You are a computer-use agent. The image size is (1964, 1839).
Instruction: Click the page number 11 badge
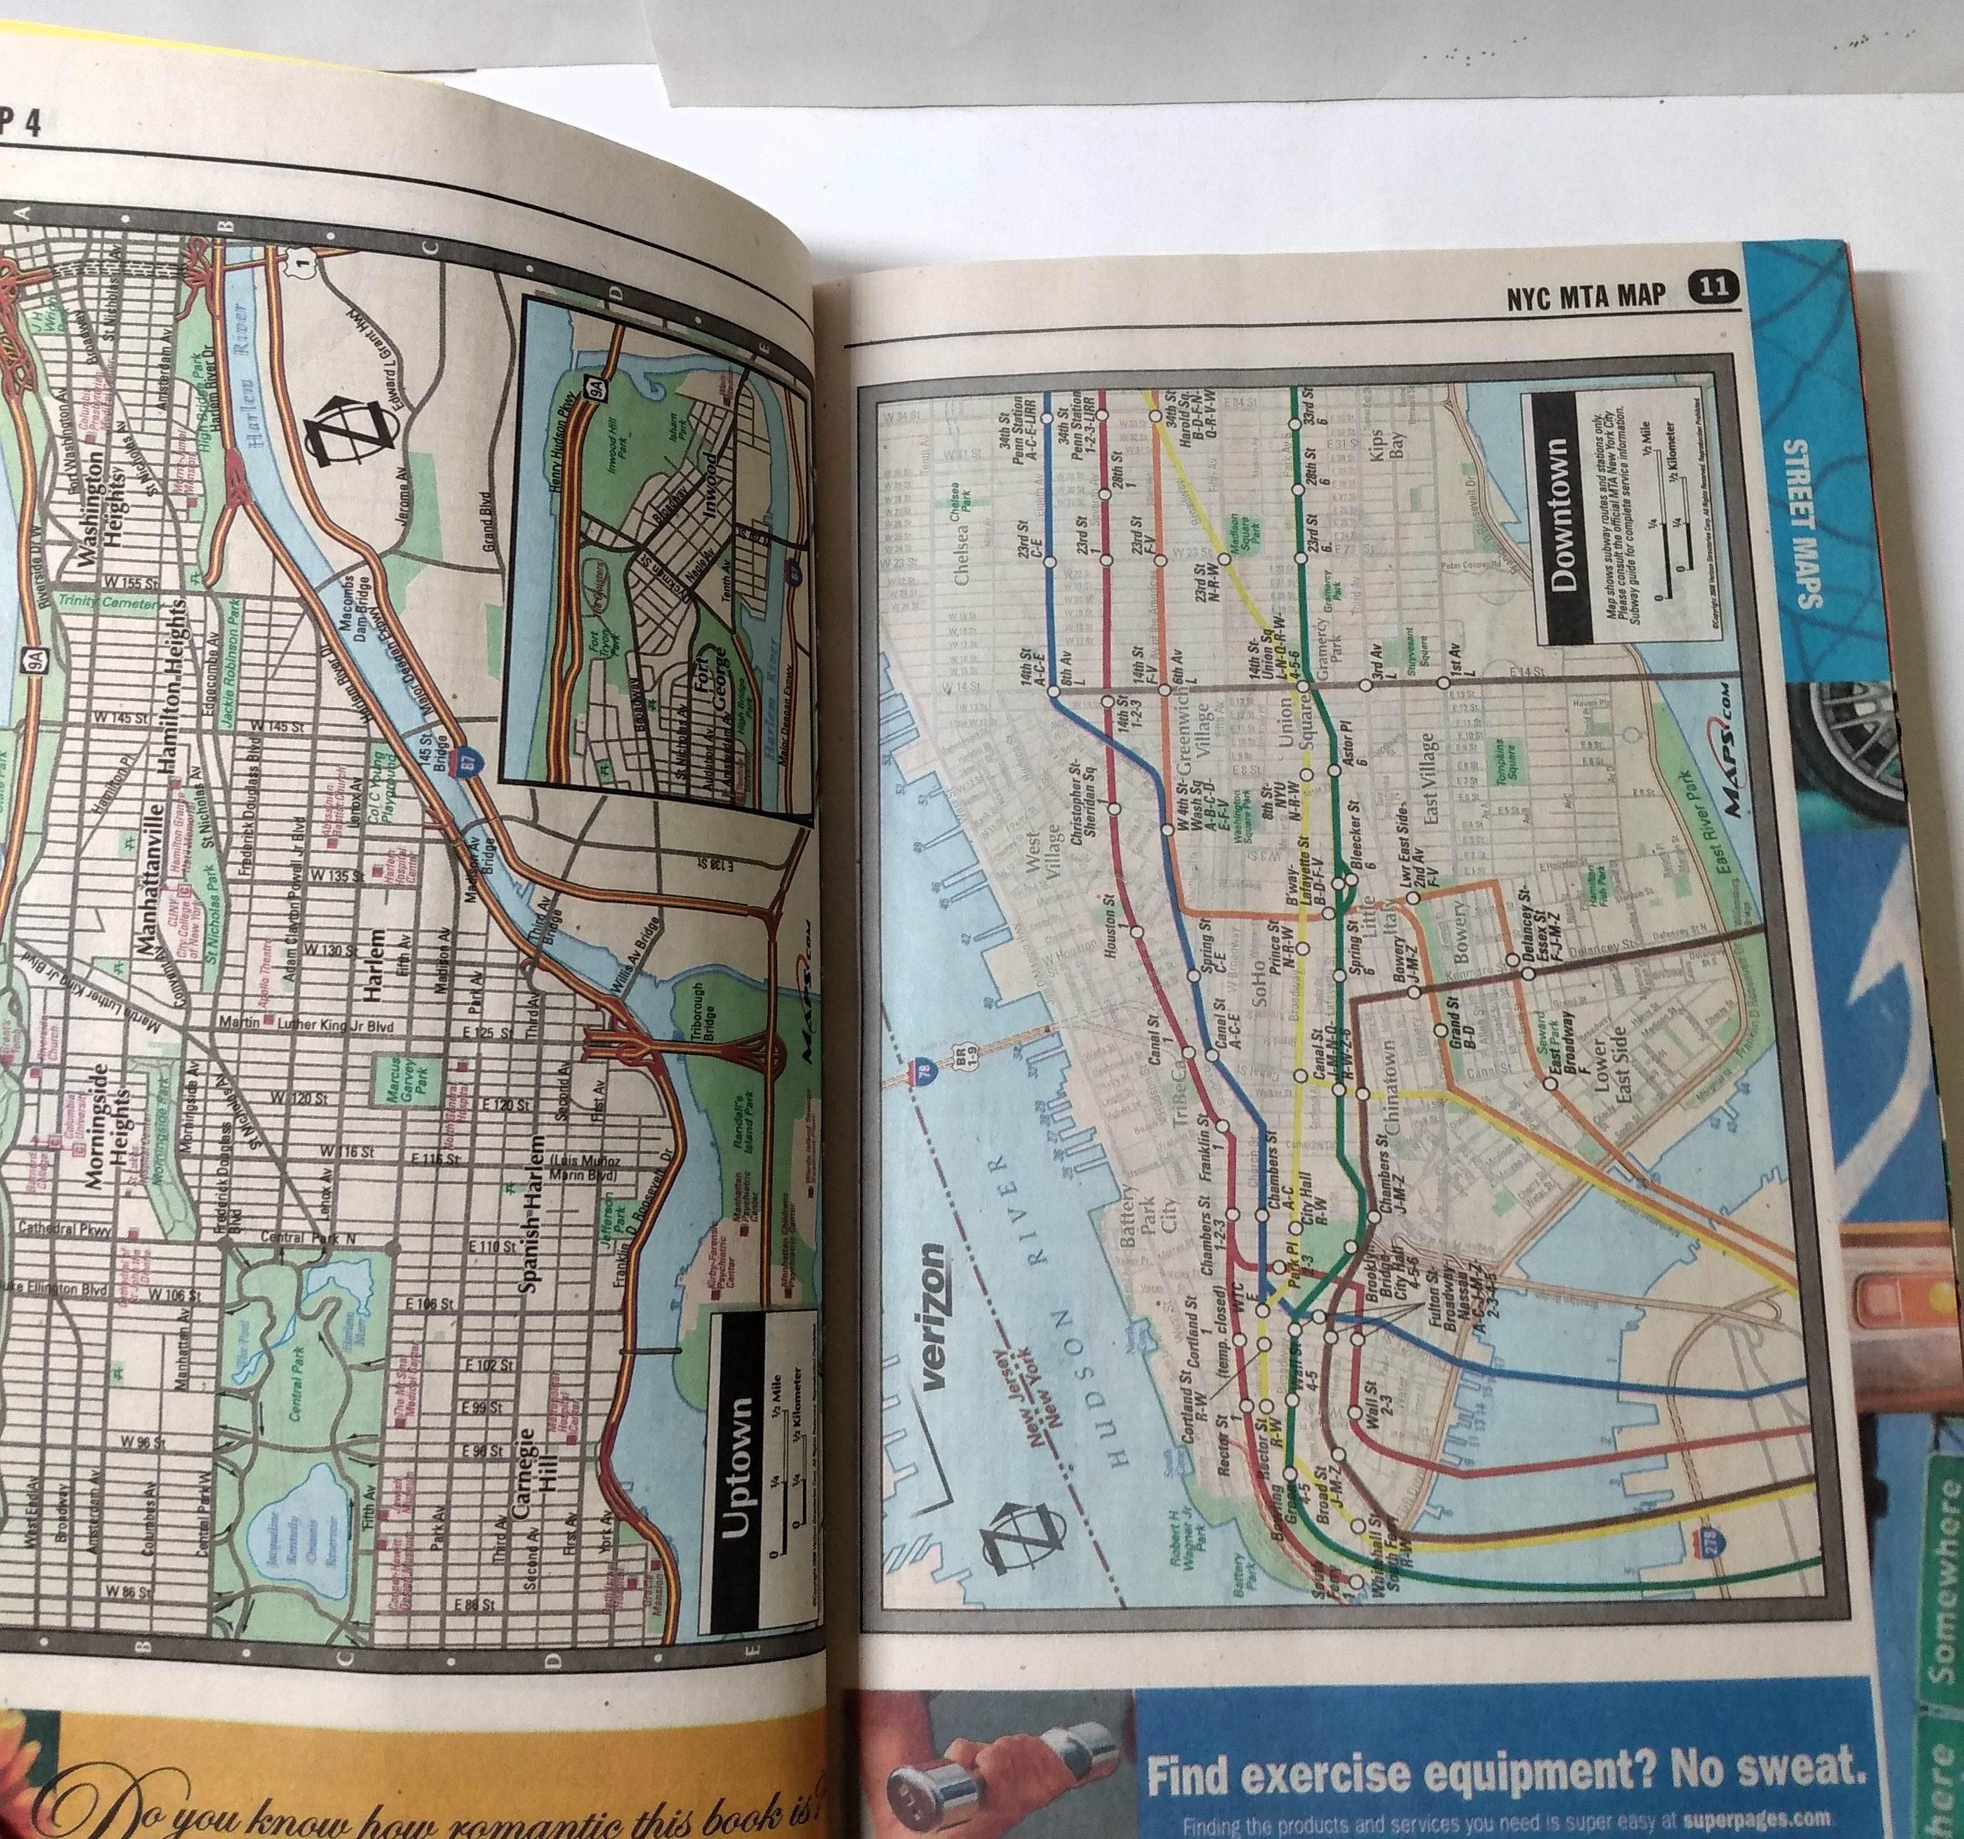[1712, 288]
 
